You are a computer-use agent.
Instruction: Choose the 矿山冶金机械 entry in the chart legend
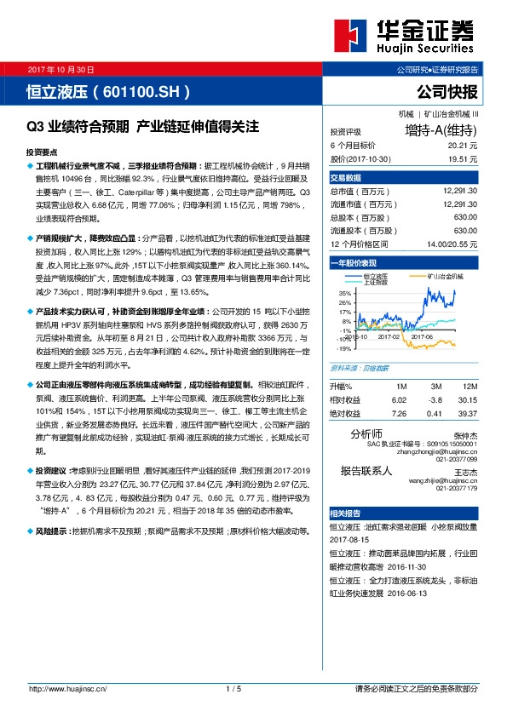click(x=443, y=277)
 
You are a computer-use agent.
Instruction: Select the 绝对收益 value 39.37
click(x=467, y=413)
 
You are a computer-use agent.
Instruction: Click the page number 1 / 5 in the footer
click(x=234, y=688)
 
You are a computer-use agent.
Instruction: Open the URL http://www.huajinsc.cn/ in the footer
click(x=72, y=688)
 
